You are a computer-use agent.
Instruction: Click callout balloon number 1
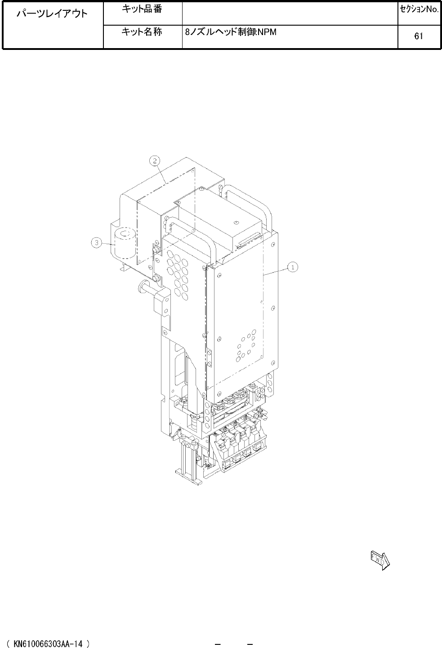click(293, 267)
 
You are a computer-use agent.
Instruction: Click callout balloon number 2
click(155, 161)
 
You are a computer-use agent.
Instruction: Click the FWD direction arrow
click(380, 561)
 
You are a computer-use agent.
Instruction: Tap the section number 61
click(419, 36)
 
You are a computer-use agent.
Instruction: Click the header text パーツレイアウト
click(52, 13)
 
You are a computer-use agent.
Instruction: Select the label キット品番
click(142, 9)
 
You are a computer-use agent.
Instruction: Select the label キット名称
click(142, 31)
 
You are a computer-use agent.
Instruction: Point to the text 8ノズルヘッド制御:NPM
click(231, 32)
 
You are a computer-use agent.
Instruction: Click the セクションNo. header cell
click(420, 9)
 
